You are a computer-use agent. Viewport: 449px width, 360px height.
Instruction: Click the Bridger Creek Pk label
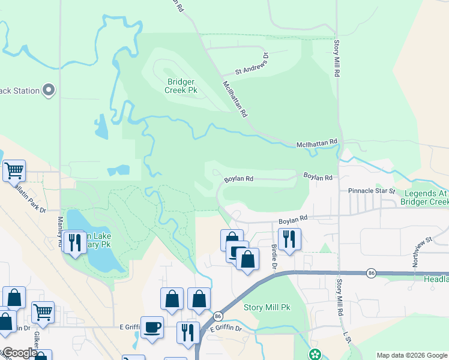pyautogui.click(x=181, y=86)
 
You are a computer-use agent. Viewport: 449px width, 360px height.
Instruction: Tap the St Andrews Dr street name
pyautogui.click(x=252, y=66)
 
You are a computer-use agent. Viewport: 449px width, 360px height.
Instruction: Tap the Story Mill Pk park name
pyautogui.click(x=267, y=307)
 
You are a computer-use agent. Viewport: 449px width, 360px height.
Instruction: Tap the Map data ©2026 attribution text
pyautogui.click(x=411, y=355)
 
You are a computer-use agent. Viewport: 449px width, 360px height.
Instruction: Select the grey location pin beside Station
pyautogui.click(x=49, y=91)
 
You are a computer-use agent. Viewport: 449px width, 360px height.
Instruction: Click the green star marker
pyautogui.click(x=315, y=355)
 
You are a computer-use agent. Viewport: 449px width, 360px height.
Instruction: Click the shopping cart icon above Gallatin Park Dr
pyautogui.click(x=14, y=171)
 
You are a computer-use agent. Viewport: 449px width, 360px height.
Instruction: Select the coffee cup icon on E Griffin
pyautogui.click(x=152, y=327)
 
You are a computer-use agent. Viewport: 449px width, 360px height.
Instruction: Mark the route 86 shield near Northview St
pyautogui.click(x=372, y=273)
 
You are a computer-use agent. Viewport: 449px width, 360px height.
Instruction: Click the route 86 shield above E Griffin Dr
pyautogui.click(x=217, y=316)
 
